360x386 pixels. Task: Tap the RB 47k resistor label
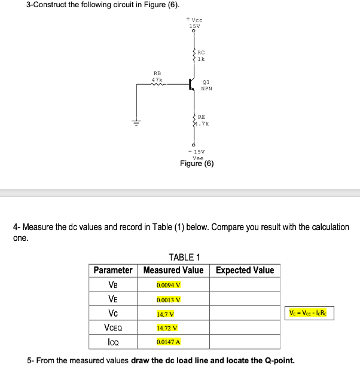pyautogui.click(x=157, y=76)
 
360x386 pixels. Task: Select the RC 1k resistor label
pyautogui.click(x=201, y=56)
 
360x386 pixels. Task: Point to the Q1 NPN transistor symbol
pyautogui.click(x=193, y=84)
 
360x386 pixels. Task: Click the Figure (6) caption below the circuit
pyautogui.click(x=197, y=164)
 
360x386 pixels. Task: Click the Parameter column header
pyautogui.click(x=113, y=270)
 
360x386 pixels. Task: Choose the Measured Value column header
pyautogui.click(x=173, y=270)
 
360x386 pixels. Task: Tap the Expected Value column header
pyautogui.click(x=245, y=270)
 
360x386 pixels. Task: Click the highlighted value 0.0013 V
pyautogui.click(x=169, y=299)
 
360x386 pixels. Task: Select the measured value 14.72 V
pyautogui.click(x=167, y=327)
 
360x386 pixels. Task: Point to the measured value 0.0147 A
pyautogui.click(x=169, y=342)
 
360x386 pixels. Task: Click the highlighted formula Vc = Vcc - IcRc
pyautogui.click(x=310, y=313)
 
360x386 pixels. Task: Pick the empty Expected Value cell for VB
pyautogui.click(x=245, y=284)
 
